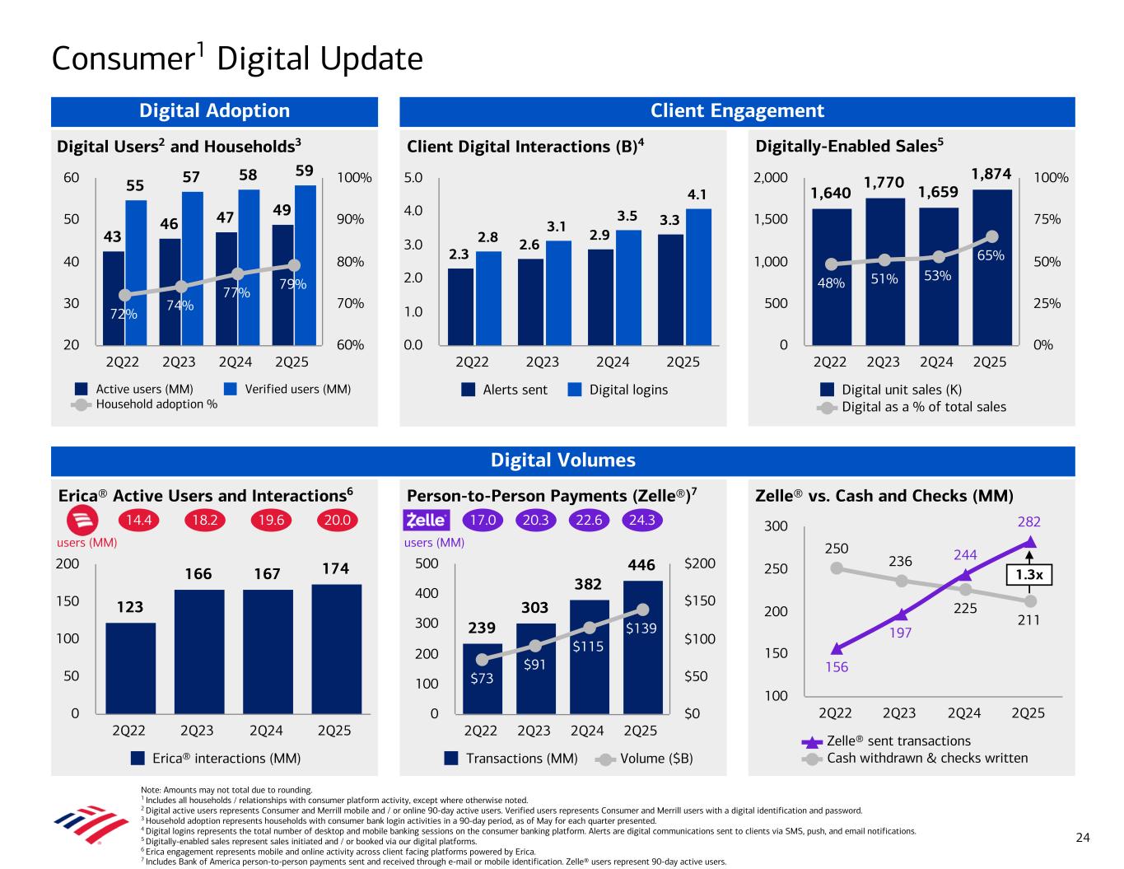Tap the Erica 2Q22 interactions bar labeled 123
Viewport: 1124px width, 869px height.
pyautogui.click(x=130, y=667)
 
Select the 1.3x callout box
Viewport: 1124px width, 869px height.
pyautogui.click(x=1030, y=575)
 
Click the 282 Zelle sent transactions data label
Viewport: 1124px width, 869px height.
pyautogui.click(x=1030, y=522)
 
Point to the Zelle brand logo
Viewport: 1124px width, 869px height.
pyautogui.click(x=426, y=521)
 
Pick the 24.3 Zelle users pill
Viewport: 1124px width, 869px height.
pyautogui.click(x=641, y=521)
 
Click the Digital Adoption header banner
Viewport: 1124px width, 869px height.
pyautogui.click(x=214, y=111)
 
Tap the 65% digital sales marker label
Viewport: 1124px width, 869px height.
pyautogui.click(x=991, y=255)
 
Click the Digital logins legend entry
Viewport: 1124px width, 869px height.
pyautogui.click(x=618, y=390)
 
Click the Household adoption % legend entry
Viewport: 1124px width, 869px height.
pyautogui.click(x=145, y=404)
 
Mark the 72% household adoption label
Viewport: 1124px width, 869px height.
pyautogui.click(x=124, y=314)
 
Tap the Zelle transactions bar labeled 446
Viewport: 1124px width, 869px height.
pyautogui.click(x=642, y=646)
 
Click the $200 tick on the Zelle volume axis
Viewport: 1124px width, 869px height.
pyautogui.click(x=700, y=564)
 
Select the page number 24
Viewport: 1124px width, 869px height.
pyautogui.click(x=1083, y=838)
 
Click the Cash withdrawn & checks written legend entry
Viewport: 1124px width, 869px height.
pyautogui.click(x=916, y=758)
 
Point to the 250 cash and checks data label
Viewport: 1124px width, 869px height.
pyautogui.click(x=836, y=549)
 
